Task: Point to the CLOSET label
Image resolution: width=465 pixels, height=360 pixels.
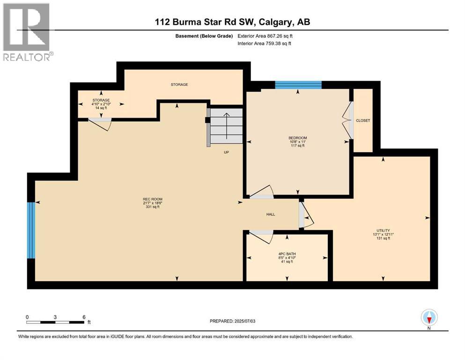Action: pyautogui.click(x=363, y=120)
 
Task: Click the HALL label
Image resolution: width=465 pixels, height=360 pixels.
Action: pyautogui.click(x=271, y=214)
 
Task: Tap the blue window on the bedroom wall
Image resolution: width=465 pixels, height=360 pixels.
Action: pyautogui.click(x=298, y=85)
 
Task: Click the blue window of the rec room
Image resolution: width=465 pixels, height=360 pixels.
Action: pyautogui.click(x=31, y=230)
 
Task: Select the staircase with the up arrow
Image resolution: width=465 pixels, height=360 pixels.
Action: pyautogui.click(x=226, y=126)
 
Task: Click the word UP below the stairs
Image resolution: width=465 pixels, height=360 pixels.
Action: pyautogui.click(x=226, y=152)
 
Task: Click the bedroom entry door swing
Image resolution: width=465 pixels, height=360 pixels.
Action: pyautogui.click(x=262, y=193)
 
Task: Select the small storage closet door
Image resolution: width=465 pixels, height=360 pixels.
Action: pyautogui.click(x=100, y=123)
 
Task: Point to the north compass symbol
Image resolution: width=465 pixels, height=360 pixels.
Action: pyautogui.click(x=429, y=318)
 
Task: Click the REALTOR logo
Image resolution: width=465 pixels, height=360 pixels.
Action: pyautogui.click(x=27, y=32)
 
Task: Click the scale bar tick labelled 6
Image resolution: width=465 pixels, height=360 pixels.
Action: pyautogui.click(x=83, y=317)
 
